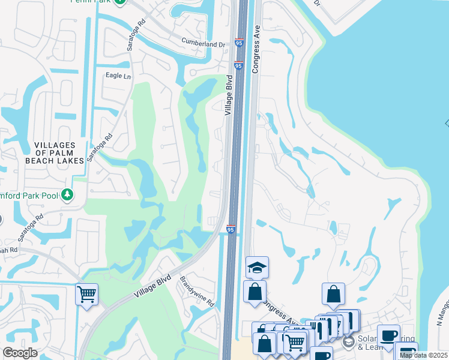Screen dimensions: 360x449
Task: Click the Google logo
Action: [x=20, y=353]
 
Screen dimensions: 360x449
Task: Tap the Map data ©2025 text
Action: [x=423, y=355]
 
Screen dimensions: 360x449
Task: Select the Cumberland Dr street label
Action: [x=203, y=44]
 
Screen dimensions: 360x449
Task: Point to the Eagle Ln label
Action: [x=118, y=76]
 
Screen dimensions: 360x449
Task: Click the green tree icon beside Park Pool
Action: [x=67, y=194]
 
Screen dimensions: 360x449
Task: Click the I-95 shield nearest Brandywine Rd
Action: [x=231, y=229]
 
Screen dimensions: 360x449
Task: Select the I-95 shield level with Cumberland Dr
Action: [x=239, y=43]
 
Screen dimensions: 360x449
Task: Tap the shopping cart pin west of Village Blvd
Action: [x=87, y=294]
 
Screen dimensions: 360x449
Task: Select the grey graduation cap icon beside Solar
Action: [x=349, y=343]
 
